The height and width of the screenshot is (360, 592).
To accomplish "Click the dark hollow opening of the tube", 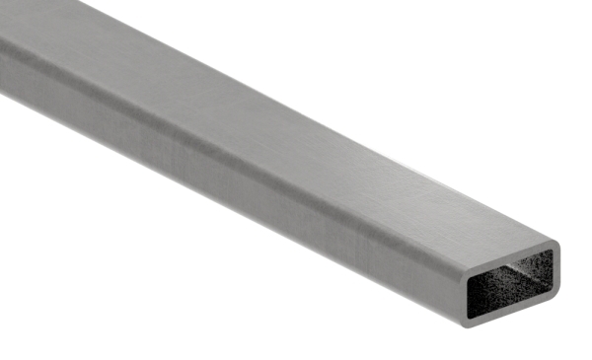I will tap(508, 292).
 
